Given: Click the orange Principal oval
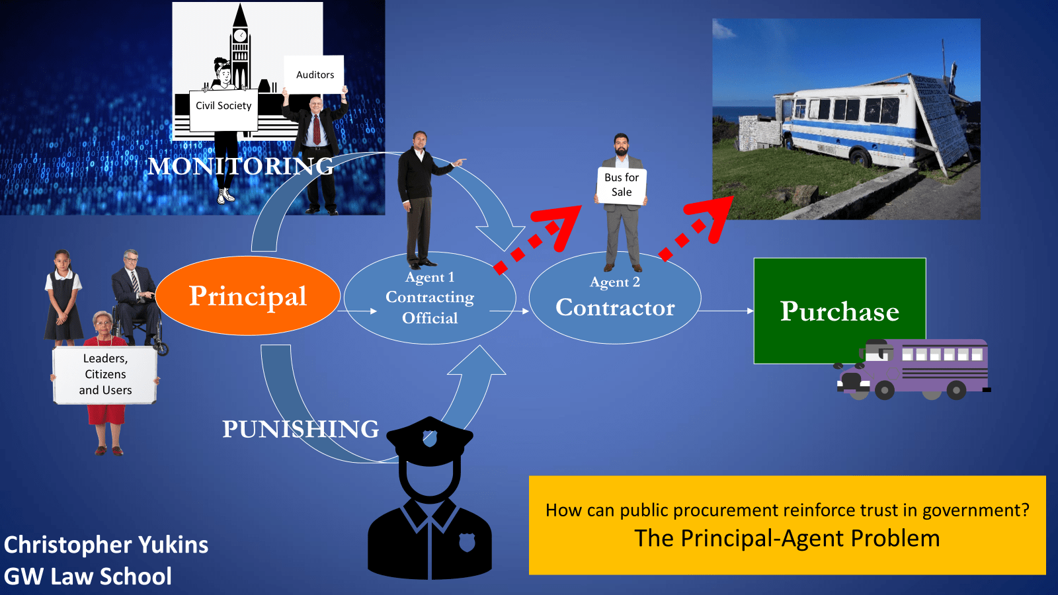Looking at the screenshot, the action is pos(248,296).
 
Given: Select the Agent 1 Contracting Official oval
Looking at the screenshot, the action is pos(430,298).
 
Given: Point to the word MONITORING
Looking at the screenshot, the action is pos(241,166).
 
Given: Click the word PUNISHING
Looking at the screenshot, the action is pos(300,429).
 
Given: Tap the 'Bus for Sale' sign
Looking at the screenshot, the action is pos(622,185).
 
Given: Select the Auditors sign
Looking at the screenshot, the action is pos(315,75).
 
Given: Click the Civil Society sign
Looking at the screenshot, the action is pos(224,106).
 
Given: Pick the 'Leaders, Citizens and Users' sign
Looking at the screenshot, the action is pos(105,375).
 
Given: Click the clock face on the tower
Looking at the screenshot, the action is pos(240,35).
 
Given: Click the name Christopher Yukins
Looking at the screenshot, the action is pos(106,545).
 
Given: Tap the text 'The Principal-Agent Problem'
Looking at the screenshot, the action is pos(787,539).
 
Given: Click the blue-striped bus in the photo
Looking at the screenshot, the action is pos(853,126).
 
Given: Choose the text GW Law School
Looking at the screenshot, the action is pos(88,576).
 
